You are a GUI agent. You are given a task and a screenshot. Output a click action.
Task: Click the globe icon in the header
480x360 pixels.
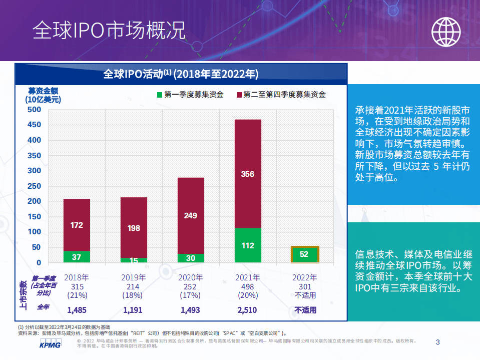[446, 32]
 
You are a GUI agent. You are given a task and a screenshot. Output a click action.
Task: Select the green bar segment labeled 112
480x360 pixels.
[248, 245]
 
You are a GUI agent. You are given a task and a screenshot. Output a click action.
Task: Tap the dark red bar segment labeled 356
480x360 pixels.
[248, 174]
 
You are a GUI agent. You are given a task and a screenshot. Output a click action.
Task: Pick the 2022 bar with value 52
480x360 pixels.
[304, 254]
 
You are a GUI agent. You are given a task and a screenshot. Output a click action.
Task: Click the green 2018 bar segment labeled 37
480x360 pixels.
[77, 257]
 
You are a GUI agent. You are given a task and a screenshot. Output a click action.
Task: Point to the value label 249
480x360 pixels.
[191, 216]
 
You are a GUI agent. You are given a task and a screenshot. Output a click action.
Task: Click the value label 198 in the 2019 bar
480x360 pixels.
[134, 228]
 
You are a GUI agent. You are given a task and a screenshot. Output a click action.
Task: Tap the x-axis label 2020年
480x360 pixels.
[191, 277]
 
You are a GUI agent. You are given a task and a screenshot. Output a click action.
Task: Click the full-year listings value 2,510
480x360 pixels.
[247, 310]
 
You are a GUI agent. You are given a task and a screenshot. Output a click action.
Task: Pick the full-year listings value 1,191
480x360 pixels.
[134, 310]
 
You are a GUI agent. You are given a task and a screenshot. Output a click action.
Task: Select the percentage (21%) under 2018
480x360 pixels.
[77, 295]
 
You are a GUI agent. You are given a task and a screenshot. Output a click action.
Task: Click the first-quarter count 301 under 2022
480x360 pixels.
[305, 286]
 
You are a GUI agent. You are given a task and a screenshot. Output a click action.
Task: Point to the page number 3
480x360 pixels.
[438, 342]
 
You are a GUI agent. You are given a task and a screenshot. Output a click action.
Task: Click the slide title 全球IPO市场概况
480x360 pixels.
[109, 31]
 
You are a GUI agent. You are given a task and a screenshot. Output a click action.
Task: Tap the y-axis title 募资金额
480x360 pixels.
[43, 91]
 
